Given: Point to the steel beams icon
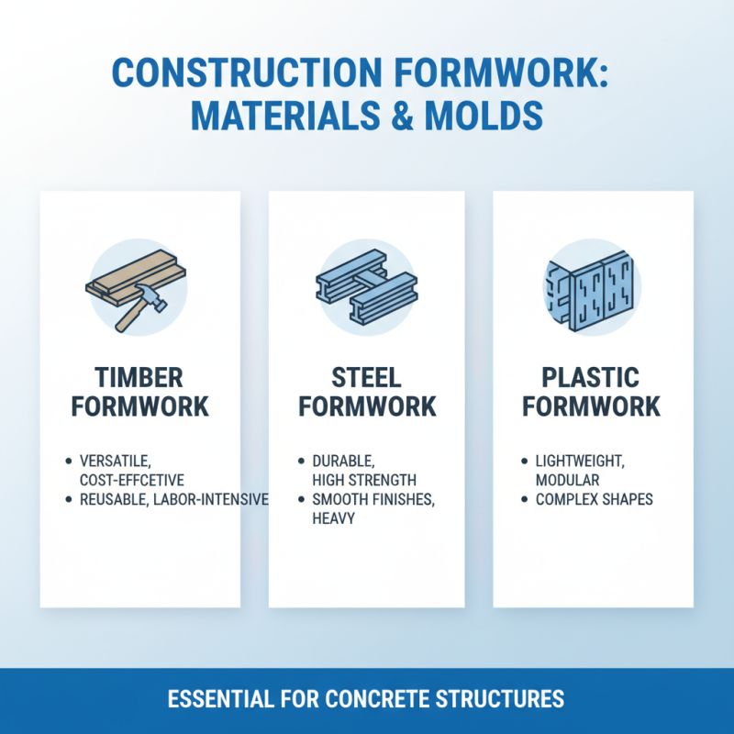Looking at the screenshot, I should click(x=365, y=284).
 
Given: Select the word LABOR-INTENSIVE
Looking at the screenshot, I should click(x=213, y=499).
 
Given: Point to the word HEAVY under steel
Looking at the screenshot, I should click(x=335, y=519).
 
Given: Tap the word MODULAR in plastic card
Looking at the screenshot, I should click(x=568, y=479).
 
